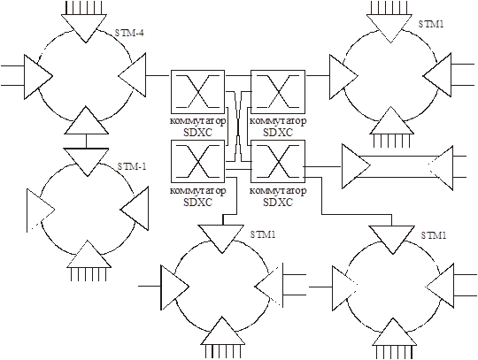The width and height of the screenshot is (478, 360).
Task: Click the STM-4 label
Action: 129,33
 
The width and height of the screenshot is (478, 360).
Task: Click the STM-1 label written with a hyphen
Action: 132,166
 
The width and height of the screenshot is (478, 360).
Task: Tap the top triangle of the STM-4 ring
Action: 85,28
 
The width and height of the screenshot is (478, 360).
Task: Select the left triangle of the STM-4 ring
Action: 38,77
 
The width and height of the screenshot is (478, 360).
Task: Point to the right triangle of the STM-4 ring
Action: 132,75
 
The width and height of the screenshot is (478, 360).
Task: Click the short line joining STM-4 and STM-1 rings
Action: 86,142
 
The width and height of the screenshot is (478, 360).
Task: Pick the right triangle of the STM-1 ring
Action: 135,209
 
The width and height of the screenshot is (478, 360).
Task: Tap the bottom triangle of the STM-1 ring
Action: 89,255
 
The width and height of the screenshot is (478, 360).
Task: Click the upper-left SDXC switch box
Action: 198,92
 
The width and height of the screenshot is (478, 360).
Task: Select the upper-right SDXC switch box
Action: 278,92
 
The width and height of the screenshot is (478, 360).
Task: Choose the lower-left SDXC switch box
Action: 198,161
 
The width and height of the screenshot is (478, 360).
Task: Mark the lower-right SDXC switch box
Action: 278,161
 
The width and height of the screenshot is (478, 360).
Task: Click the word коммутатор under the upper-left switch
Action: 198,121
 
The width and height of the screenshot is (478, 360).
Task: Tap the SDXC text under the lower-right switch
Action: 278,203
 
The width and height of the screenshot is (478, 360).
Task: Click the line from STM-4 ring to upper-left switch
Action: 158,75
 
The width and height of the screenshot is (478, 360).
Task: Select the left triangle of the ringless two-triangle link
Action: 356,166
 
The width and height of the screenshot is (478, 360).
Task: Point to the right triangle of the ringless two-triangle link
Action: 441,168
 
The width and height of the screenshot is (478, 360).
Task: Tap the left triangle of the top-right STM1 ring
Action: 343,77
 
